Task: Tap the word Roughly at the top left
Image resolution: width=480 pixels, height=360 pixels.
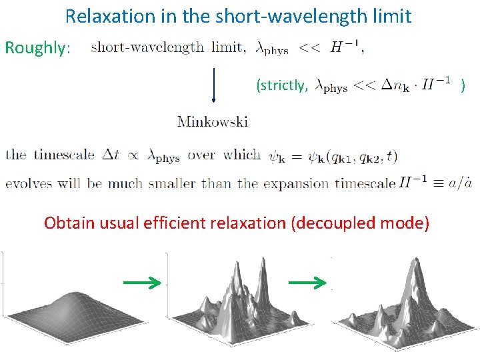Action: pyautogui.click(x=37, y=48)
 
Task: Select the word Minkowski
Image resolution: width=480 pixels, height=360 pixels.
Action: pyautogui.click(x=213, y=121)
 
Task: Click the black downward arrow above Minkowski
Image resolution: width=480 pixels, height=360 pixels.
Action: pyautogui.click(x=214, y=80)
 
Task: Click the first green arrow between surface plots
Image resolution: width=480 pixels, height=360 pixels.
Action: pyautogui.click(x=142, y=283)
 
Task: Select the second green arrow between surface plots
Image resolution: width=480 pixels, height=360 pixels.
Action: pyautogui.click(x=307, y=283)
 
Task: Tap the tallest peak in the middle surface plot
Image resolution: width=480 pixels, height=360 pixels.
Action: pyautogui.click(x=237, y=273)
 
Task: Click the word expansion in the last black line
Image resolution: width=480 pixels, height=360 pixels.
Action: pyautogui.click(x=297, y=184)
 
